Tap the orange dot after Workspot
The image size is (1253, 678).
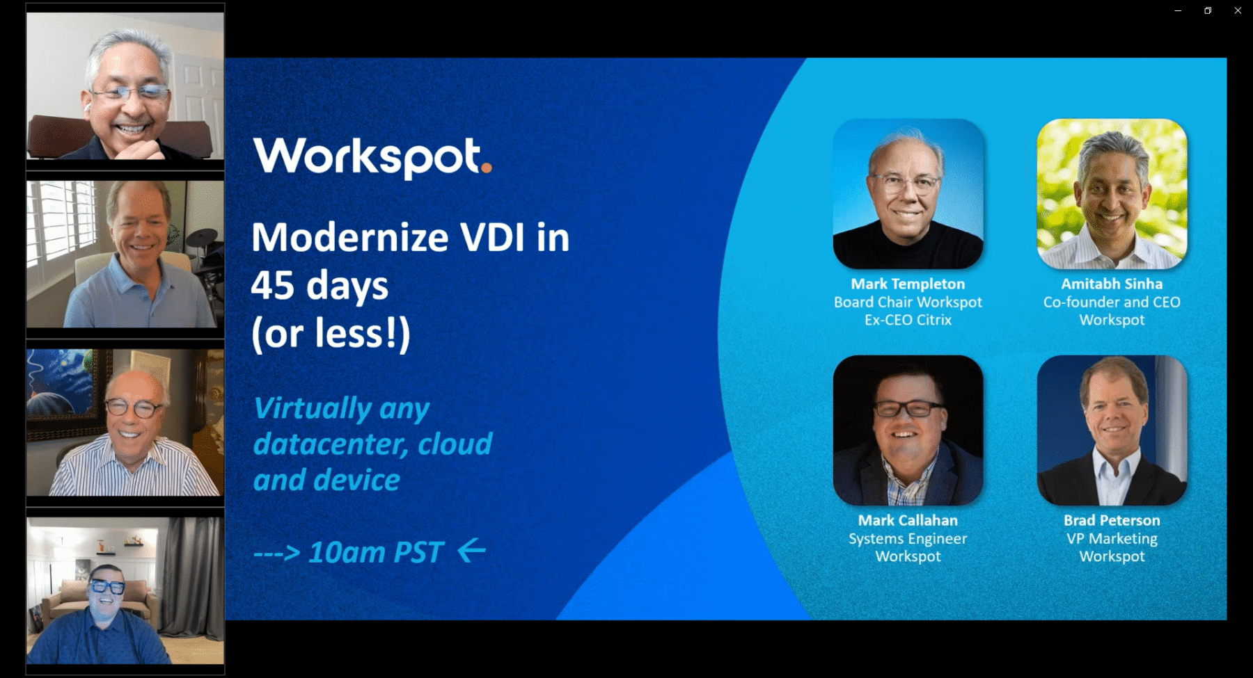pyautogui.click(x=486, y=167)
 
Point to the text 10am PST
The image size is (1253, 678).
pyautogui.click(x=376, y=553)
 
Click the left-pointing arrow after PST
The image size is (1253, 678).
pyautogui.click(x=472, y=550)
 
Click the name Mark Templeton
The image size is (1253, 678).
pyautogui.click(x=908, y=284)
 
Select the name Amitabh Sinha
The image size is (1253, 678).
pyautogui.click(x=1111, y=284)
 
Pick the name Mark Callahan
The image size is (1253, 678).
pyautogui.click(x=908, y=520)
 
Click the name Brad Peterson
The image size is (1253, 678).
pyautogui.click(x=1111, y=520)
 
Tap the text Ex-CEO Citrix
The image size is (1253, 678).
pyautogui.click(x=908, y=320)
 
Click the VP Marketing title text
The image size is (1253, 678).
pyautogui.click(x=1111, y=538)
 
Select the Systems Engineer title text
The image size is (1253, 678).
pyautogui.click(x=908, y=538)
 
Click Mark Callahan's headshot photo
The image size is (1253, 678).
pyautogui.click(x=908, y=430)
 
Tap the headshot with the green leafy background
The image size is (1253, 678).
pyautogui.click(x=1111, y=193)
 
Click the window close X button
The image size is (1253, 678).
pyautogui.click(x=1238, y=10)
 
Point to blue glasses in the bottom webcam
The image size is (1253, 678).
pyautogui.click(x=108, y=586)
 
